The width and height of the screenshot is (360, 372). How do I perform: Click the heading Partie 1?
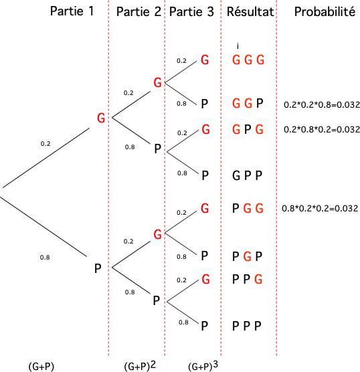click(x=72, y=11)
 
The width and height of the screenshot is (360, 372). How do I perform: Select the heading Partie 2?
click(x=139, y=11)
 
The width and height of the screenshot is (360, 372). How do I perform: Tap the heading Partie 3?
click(x=191, y=11)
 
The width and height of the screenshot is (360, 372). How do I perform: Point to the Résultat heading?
click(x=250, y=11)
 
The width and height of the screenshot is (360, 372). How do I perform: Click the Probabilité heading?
click(x=325, y=11)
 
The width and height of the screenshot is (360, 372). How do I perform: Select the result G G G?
click(x=248, y=60)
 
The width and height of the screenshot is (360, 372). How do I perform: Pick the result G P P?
click(x=248, y=175)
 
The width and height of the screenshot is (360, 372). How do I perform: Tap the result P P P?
click(x=247, y=326)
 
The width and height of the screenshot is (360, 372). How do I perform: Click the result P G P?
click(x=248, y=256)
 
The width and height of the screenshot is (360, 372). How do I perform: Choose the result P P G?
click(x=248, y=279)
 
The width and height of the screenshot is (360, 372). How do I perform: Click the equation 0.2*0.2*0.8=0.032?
click(x=322, y=104)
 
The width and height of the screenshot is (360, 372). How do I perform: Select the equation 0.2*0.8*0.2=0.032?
click(x=322, y=129)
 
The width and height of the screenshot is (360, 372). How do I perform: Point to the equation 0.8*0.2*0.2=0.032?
click(x=320, y=208)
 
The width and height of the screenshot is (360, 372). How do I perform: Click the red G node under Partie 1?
click(x=101, y=118)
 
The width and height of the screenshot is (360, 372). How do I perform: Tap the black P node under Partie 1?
click(x=98, y=268)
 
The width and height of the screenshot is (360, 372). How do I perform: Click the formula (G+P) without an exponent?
click(x=41, y=366)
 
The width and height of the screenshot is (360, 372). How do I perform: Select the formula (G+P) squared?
click(x=140, y=365)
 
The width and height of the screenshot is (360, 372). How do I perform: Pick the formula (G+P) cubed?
click(x=203, y=365)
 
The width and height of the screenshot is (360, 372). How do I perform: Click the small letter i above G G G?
click(x=238, y=45)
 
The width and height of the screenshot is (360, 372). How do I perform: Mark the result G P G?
click(x=248, y=130)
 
